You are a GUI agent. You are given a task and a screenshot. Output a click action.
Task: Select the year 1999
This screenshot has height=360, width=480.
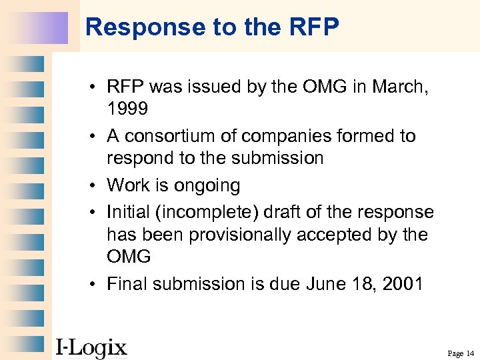[x=128, y=109]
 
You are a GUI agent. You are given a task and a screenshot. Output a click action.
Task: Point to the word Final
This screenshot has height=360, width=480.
[x=129, y=284]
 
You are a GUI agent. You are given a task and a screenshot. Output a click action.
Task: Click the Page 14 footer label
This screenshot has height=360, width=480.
[x=461, y=353]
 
